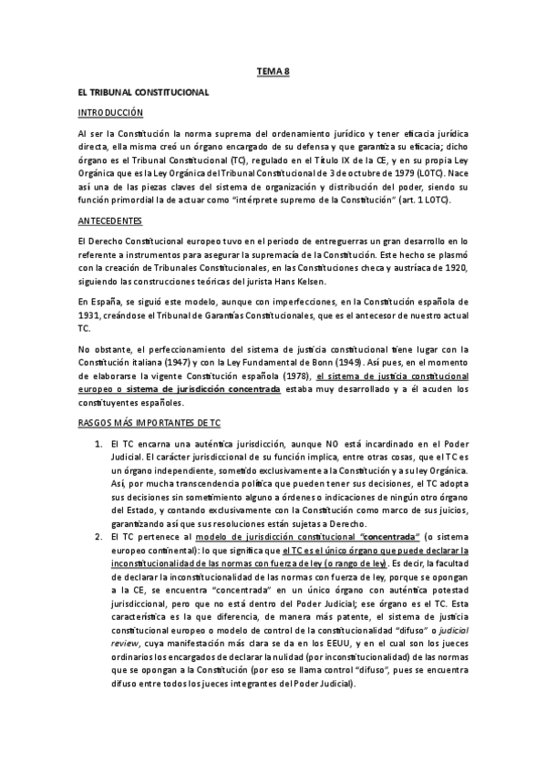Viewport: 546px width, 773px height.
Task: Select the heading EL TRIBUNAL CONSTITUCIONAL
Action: tap(143, 93)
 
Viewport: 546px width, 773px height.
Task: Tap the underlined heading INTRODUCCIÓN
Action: tap(110, 112)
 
